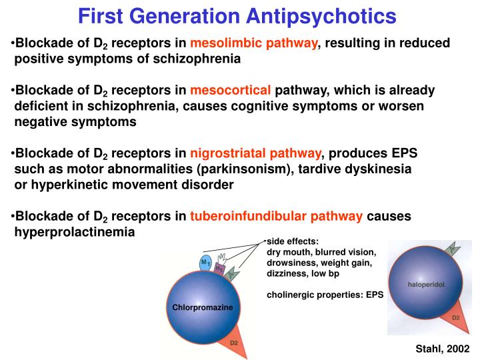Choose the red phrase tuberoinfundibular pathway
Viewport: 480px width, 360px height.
pos(277,216)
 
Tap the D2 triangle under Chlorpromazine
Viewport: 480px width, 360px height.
pos(233,341)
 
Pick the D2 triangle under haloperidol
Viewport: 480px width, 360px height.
pos(455,317)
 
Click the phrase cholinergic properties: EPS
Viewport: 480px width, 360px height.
pos(325,293)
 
